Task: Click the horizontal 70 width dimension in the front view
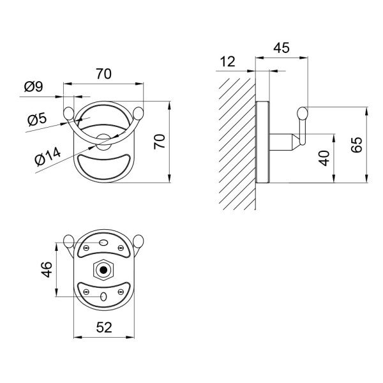tap(103, 74)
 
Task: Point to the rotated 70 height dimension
tap(161, 140)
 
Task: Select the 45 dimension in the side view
tap(281, 49)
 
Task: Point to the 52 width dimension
tap(103, 327)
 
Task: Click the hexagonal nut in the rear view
tap(103, 269)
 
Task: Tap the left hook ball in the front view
tap(68, 114)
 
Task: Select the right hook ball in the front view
tap(139, 114)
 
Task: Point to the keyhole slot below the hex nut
tap(103, 296)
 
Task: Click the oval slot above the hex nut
tap(103, 243)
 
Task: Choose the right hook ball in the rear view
tap(139, 242)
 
